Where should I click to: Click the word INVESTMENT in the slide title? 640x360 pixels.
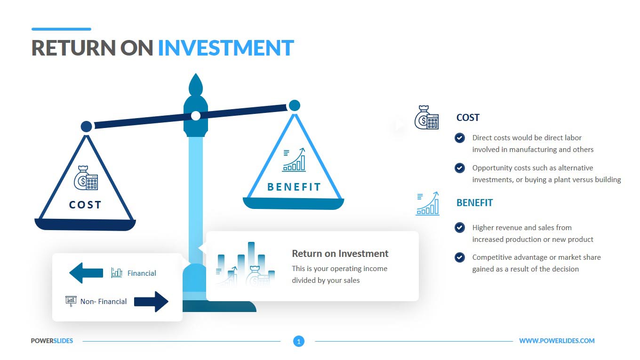point(226,48)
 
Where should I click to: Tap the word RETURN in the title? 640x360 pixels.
point(73,48)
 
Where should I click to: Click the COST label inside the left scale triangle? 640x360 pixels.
point(85,205)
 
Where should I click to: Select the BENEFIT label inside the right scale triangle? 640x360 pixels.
point(294,187)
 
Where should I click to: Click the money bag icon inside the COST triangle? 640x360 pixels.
point(86,178)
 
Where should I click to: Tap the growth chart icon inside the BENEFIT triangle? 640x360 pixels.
point(294,160)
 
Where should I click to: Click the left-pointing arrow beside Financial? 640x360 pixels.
point(86,273)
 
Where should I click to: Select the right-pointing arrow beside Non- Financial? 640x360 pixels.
point(151,302)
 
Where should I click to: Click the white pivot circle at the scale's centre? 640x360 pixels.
point(196,116)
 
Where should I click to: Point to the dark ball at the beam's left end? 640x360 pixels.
point(86,126)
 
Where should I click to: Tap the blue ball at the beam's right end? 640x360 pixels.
point(295,105)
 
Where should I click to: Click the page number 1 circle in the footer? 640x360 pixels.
point(298,341)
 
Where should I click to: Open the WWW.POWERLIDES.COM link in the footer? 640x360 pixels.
point(557,341)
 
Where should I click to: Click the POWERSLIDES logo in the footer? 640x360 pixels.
point(52,341)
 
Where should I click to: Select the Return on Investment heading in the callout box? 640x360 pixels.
point(340,254)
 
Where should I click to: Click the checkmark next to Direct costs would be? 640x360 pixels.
point(459,138)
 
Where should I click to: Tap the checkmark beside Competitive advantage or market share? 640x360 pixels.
point(459,257)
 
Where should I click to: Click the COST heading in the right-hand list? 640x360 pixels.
point(468,118)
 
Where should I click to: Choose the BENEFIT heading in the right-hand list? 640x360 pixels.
point(474,202)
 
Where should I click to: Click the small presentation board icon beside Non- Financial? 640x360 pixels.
point(71,301)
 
